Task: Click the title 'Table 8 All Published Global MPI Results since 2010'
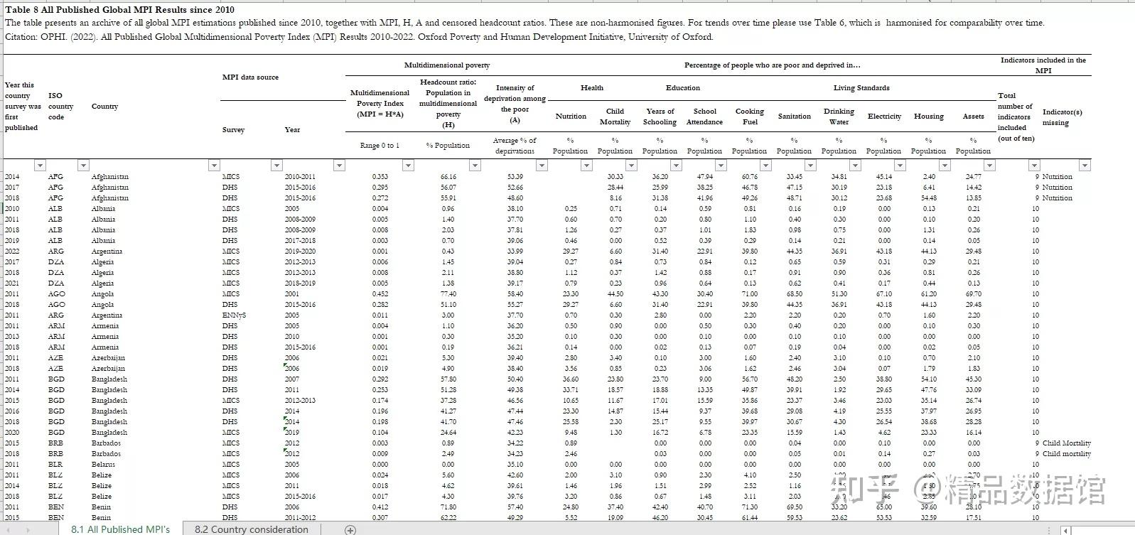pos(119,10)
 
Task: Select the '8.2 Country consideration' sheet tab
pos(251,529)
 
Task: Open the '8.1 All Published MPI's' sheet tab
pos(120,529)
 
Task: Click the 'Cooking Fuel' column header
pos(749,117)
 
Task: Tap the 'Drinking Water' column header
pos(839,117)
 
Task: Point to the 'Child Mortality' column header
pos(615,117)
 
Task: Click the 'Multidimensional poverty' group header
pos(446,65)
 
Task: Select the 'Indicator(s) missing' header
pos(1062,117)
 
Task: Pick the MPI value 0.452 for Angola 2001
pos(380,294)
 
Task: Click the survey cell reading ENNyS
pos(234,315)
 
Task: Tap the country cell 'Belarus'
pos(103,465)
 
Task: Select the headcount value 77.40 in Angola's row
pos(448,294)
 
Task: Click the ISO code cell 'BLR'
pos(55,465)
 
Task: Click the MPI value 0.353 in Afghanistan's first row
pos(380,177)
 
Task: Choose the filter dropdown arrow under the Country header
pos(214,166)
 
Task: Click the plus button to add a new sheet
pos(350,529)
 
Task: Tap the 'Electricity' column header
pos(884,117)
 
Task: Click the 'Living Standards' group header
pos(861,88)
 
